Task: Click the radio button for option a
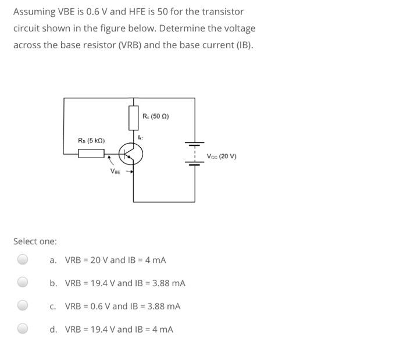coord(22,259)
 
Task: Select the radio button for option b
coord(22,283)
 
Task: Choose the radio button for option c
coord(22,305)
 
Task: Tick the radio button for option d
coord(22,329)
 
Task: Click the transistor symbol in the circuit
coord(131,154)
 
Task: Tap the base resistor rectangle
coord(91,154)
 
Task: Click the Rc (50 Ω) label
coord(156,116)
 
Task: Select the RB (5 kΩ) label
coord(91,141)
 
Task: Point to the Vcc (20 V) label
coord(222,156)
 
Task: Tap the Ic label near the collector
coord(141,137)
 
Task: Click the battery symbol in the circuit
coord(194,154)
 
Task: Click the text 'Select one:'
coord(35,241)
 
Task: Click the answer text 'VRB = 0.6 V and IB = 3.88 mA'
coord(123,306)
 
